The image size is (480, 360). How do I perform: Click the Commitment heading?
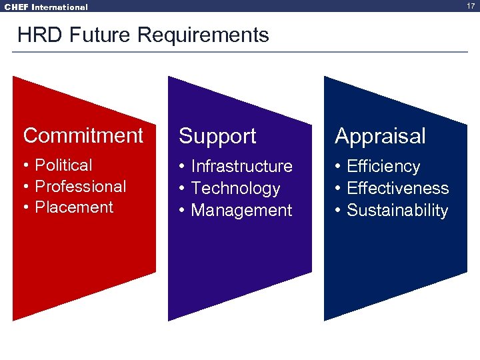point(83,135)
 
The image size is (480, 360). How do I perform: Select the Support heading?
point(217,136)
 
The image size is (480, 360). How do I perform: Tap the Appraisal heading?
point(380,136)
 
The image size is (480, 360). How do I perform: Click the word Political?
point(63,165)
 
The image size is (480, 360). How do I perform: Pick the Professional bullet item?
point(80,186)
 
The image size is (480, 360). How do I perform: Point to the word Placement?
point(74,207)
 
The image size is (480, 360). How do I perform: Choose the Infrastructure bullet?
point(241,166)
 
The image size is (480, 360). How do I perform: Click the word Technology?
point(235,188)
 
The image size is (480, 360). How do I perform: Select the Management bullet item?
point(241,210)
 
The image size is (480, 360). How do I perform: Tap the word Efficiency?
point(383,166)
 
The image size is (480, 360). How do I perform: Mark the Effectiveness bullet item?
point(398,188)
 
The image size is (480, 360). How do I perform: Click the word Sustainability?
point(397,210)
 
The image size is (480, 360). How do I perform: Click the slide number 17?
point(471,6)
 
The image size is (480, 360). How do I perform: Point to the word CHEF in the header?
point(16,7)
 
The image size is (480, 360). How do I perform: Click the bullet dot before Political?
point(26,165)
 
